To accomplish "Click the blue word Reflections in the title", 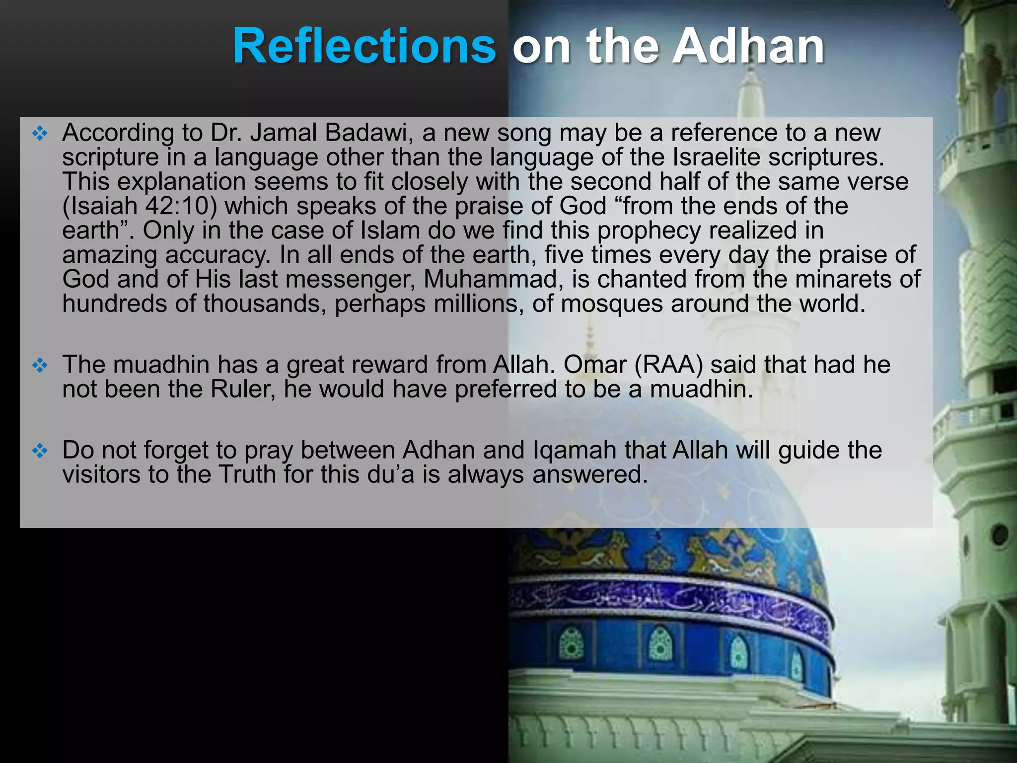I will [364, 46].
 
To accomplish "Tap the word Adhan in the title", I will [748, 46].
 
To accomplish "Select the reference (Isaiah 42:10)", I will [140, 206].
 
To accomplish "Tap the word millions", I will [475, 304].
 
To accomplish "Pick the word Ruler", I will [242, 389].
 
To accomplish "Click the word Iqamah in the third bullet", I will [575, 450].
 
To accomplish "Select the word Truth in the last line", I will [247, 474].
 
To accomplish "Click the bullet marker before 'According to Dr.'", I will [40, 133].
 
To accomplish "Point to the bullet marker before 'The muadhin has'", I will [40, 366].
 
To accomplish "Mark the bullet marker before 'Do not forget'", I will [40, 451].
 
